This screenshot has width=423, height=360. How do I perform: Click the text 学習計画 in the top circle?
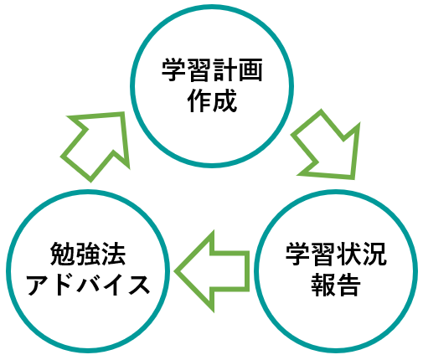tap(212, 69)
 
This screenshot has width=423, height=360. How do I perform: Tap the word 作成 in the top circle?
tap(212, 100)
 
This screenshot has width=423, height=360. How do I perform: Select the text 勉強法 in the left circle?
tap(88, 254)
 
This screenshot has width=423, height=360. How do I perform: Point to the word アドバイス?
tap(88, 284)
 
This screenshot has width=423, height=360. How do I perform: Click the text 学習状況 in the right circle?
tap(336, 254)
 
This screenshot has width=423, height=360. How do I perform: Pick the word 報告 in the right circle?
tap(335, 285)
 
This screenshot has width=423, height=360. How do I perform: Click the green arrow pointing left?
tap(212, 271)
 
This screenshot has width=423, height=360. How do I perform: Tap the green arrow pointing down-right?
tap(326, 144)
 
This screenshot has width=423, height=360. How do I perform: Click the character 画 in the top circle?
tap(250, 69)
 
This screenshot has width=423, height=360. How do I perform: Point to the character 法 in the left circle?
tap(114, 254)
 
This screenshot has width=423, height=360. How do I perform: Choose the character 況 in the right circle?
tap(374, 254)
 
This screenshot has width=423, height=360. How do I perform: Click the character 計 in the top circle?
tap(224, 69)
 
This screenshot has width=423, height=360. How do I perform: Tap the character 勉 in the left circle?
tap(62, 254)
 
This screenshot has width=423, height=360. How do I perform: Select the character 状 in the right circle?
tap(349, 254)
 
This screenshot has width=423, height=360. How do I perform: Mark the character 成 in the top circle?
tap(225, 100)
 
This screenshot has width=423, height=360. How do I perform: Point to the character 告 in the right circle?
tap(348, 285)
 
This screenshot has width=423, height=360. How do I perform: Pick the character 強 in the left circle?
tap(88, 254)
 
